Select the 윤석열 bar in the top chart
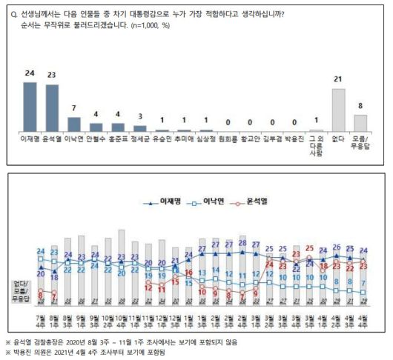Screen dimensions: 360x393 53,107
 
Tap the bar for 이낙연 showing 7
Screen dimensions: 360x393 75,123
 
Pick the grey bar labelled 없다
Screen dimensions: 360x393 339,110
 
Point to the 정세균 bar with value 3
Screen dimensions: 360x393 141,127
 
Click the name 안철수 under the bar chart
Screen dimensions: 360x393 96,138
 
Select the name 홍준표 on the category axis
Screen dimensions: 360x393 119,138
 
